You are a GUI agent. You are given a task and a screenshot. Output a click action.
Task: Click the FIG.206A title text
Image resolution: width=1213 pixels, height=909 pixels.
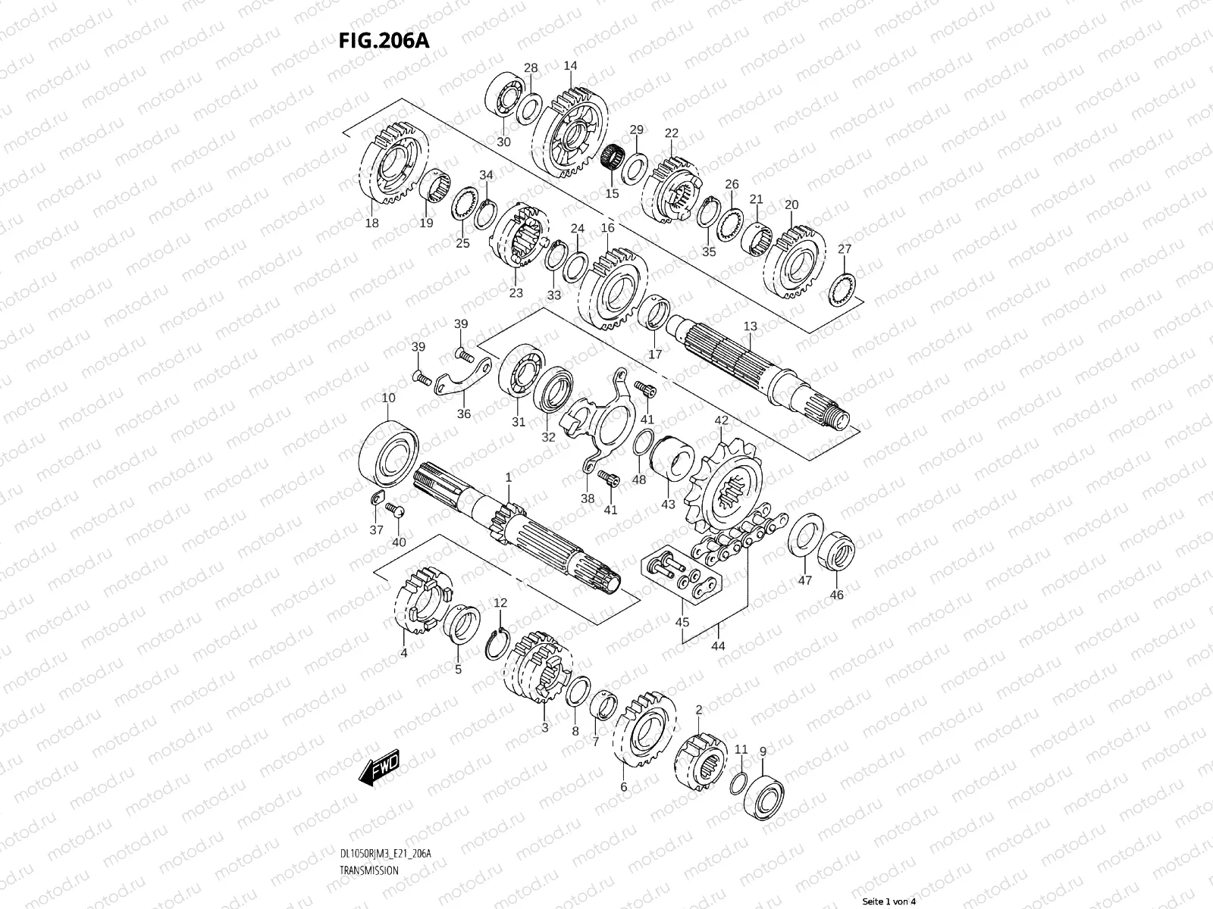(x=384, y=39)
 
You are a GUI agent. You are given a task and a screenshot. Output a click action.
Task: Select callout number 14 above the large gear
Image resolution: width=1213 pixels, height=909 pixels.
(x=570, y=66)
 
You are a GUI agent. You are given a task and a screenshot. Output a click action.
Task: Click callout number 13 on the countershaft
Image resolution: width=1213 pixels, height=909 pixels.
(x=750, y=326)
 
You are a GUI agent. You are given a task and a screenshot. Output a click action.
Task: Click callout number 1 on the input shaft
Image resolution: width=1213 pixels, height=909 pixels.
(x=509, y=477)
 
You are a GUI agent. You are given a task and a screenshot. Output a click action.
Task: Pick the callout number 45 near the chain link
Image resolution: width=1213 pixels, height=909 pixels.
(x=682, y=623)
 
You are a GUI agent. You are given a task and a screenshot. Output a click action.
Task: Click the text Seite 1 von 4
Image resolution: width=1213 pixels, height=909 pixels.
(x=889, y=901)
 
